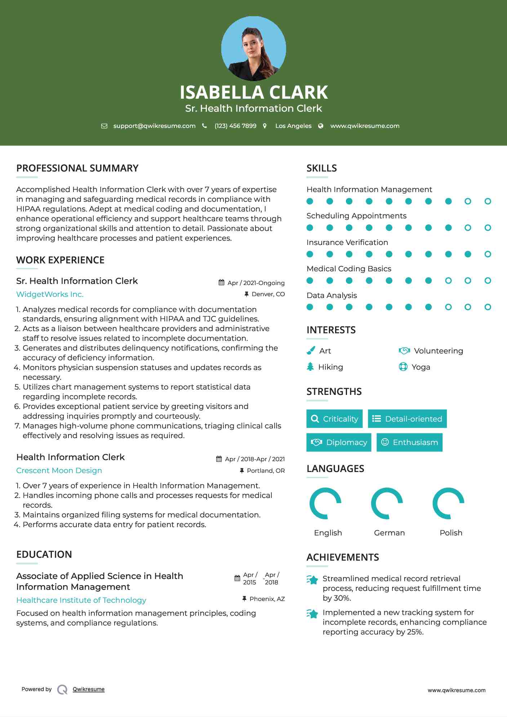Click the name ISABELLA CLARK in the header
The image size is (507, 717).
point(253,92)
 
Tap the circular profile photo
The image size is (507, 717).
point(253,48)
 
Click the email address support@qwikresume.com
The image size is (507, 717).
point(154,126)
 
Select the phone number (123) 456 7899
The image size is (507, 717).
point(235,126)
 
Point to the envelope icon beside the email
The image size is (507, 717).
point(104,126)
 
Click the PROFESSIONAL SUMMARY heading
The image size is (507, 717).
point(77,168)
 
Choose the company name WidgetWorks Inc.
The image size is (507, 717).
point(50,294)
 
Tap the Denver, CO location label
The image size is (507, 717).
point(268,294)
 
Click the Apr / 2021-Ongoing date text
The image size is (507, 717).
point(256,283)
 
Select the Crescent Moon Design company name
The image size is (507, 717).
point(59,471)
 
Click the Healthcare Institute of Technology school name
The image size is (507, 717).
point(81,600)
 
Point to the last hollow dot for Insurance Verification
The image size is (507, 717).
point(488,254)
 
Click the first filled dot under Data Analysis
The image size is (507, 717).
point(310,307)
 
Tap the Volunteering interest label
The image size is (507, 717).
point(438,351)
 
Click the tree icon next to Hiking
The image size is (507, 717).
point(310,367)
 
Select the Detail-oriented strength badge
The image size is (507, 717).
point(407,419)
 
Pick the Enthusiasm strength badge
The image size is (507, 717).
point(409,442)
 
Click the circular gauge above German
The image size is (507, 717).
point(387,503)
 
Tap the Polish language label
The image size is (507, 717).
point(451,533)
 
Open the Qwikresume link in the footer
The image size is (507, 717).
point(89,689)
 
